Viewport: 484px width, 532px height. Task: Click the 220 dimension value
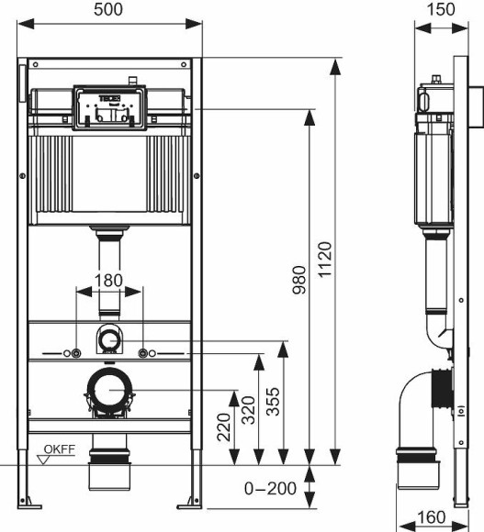pos(223,427)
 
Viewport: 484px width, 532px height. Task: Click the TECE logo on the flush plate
pos(108,96)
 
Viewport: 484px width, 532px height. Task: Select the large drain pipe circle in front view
pos(109,390)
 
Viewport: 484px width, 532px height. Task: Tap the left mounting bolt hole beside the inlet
pos(69,353)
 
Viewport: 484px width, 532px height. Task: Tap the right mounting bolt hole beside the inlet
pos(144,353)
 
